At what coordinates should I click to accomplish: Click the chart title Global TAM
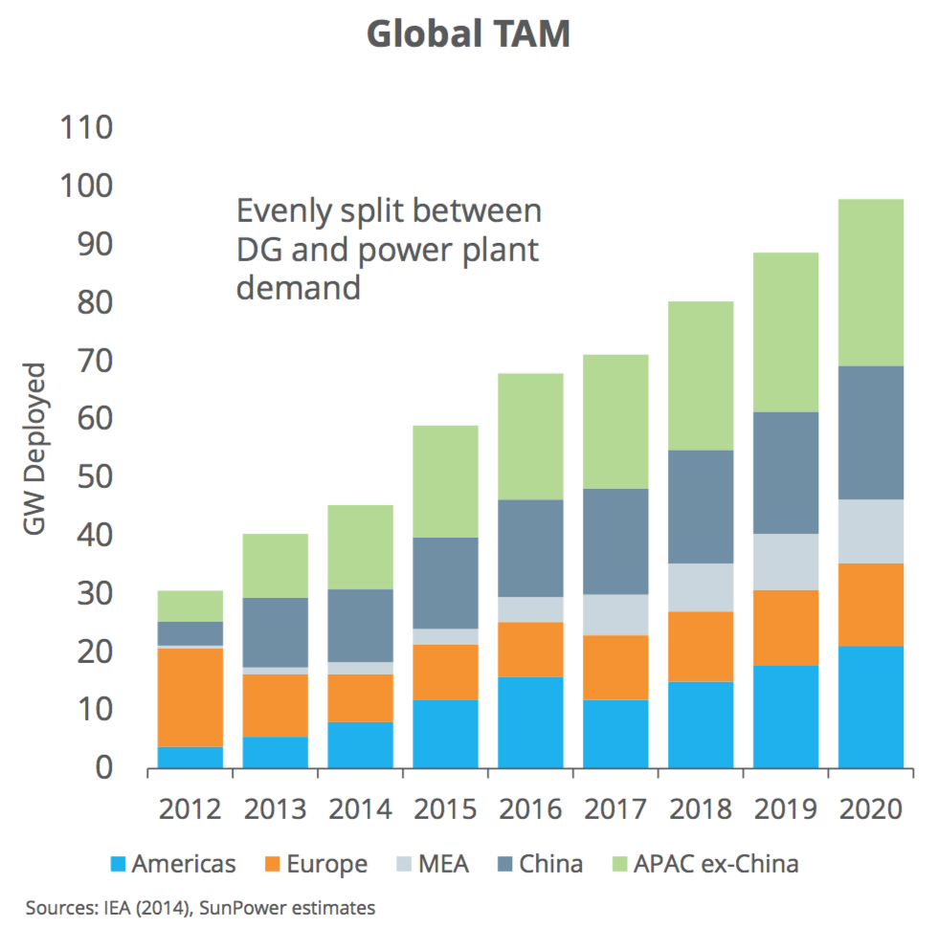468,34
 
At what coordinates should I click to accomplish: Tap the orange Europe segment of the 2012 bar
190,697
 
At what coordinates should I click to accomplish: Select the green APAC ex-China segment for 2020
871,282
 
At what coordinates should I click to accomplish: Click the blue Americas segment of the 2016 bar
531,722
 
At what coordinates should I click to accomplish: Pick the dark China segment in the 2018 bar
702,506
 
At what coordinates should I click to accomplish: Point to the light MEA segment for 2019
787,562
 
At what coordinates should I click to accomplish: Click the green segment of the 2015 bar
446,481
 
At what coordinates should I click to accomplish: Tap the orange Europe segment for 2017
616,668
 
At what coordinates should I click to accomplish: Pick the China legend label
550,865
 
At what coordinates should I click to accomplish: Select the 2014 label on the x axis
361,809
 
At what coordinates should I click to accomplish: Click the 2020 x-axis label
871,809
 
